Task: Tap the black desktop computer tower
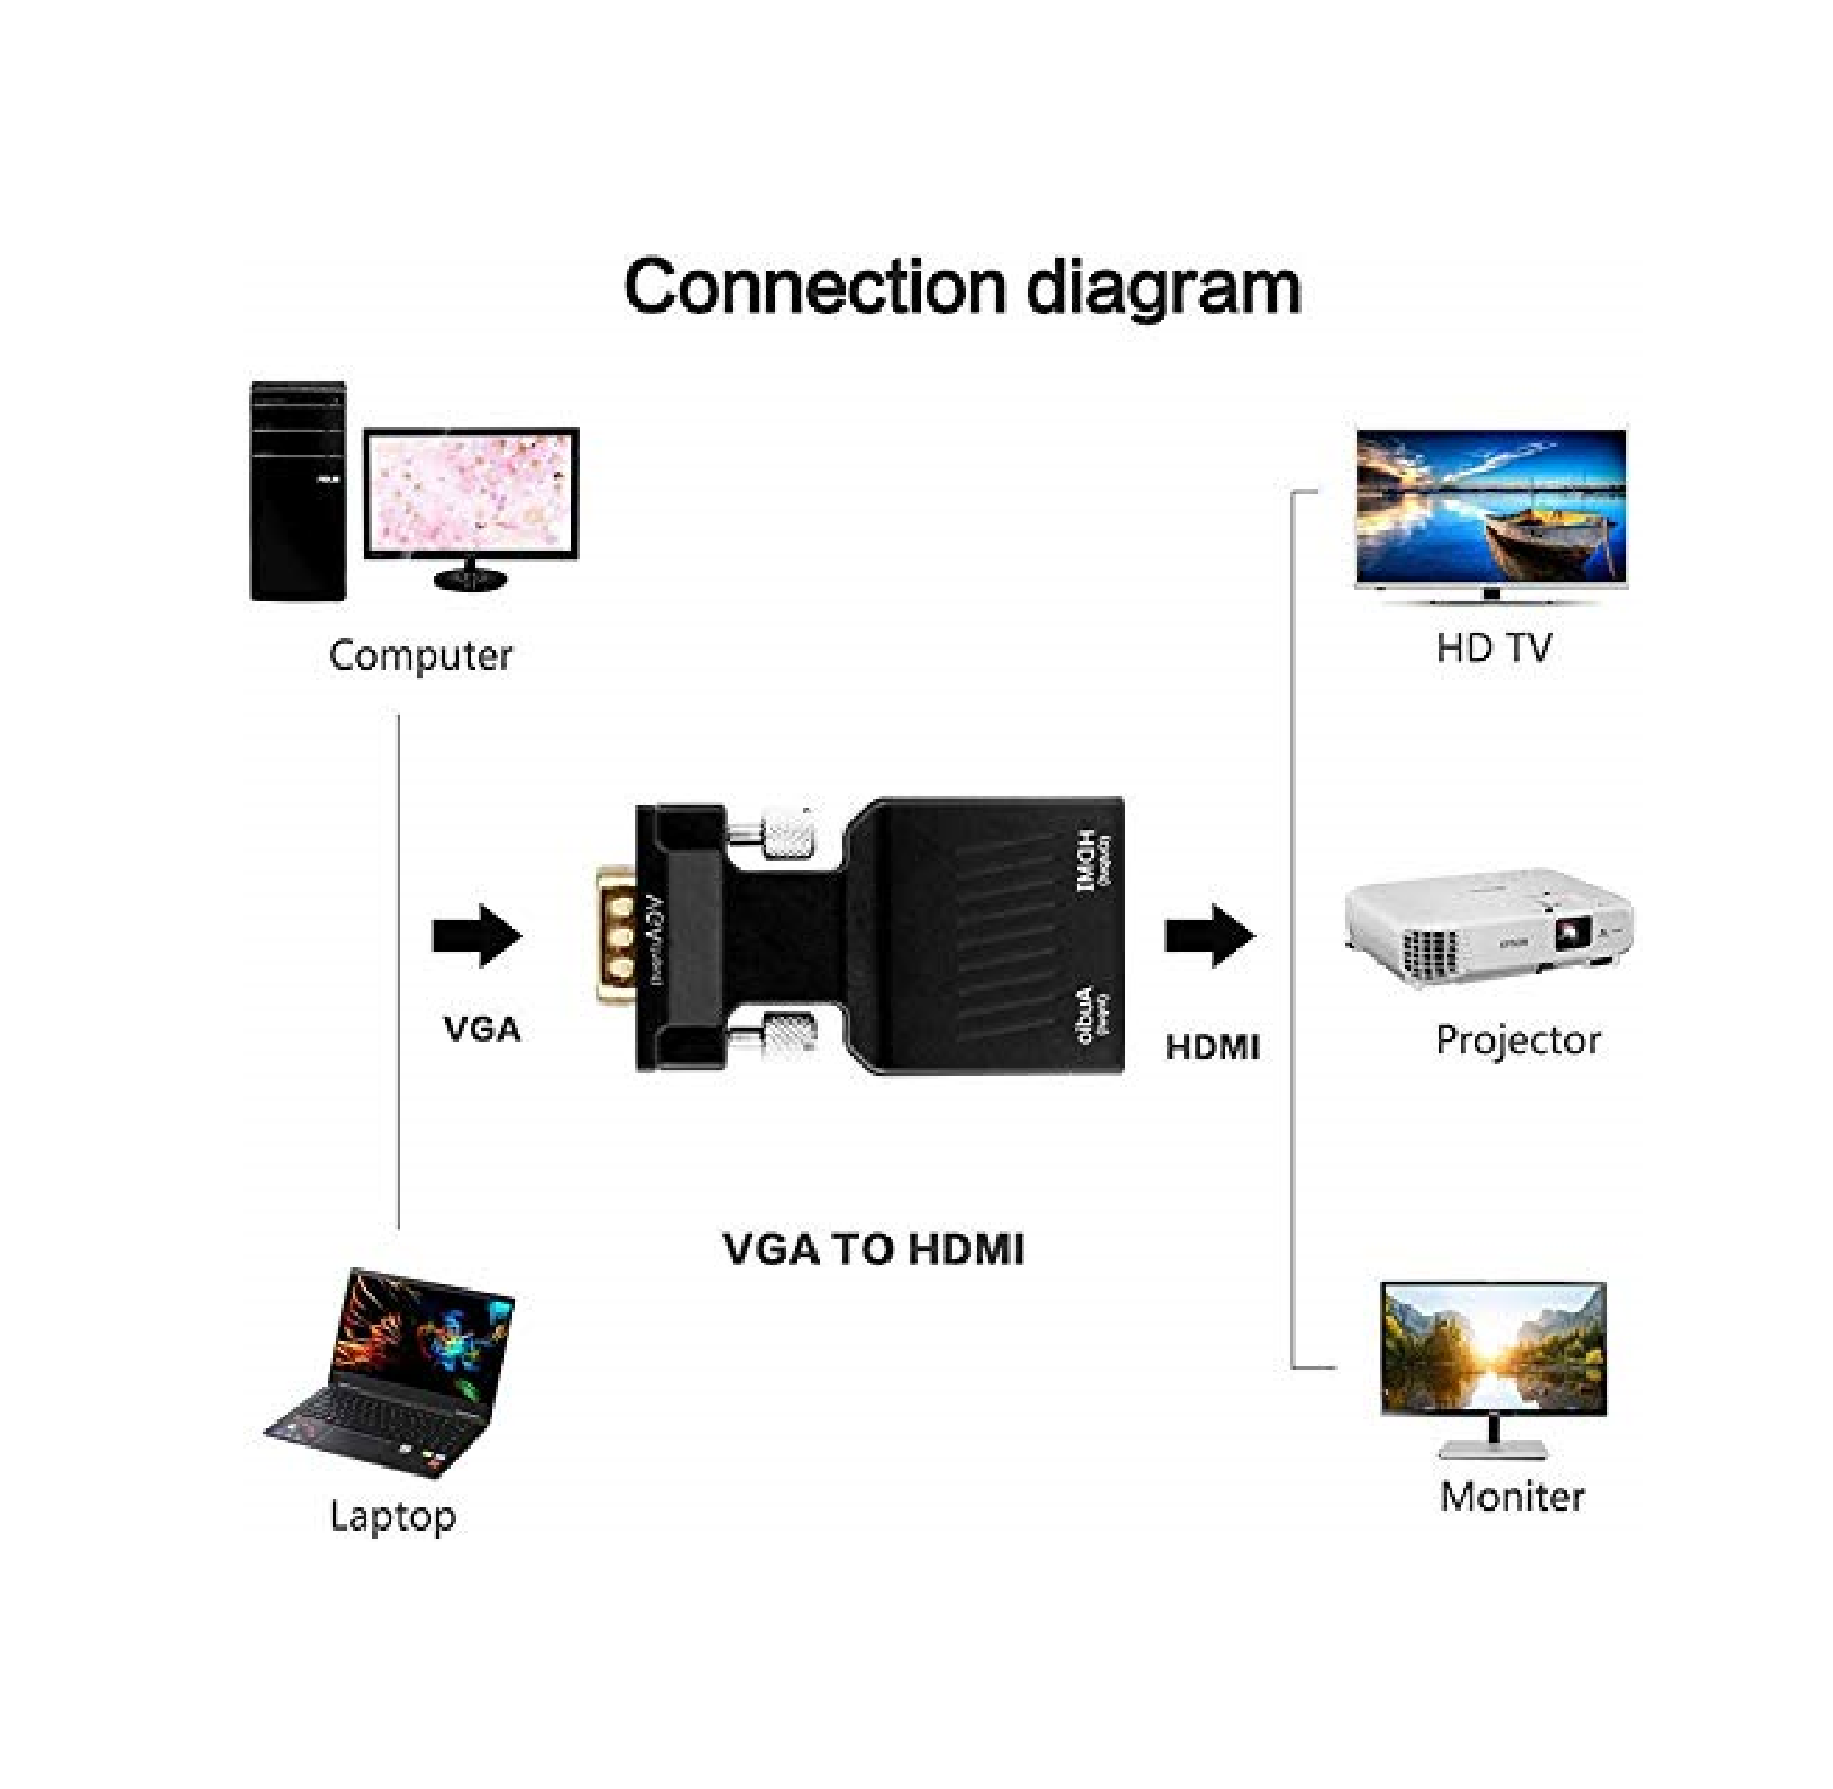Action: [297, 492]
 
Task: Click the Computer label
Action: [420, 655]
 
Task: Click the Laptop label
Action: [393, 1516]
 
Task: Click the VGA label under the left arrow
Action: [481, 1029]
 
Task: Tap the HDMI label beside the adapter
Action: [1212, 1047]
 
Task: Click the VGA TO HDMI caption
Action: [874, 1249]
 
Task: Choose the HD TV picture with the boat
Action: [1491, 512]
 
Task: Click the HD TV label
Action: [1493, 648]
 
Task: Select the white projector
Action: [1489, 930]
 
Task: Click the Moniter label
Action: [1512, 1496]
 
